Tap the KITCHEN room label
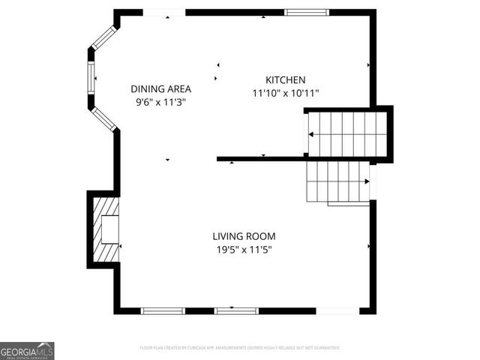tap(285, 80)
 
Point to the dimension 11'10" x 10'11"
tap(285, 94)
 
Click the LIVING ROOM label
tap(244, 236)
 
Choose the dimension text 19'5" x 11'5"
tap(244, 250)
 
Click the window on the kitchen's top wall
tap(306, 12)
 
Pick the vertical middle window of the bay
tap(91, 75)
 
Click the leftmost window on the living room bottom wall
tap(163, 310)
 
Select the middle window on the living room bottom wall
tap(237, 310)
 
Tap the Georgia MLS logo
tap(27, 351)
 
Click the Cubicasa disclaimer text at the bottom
tap(240, 348)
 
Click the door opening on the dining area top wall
tap(164, 12)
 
